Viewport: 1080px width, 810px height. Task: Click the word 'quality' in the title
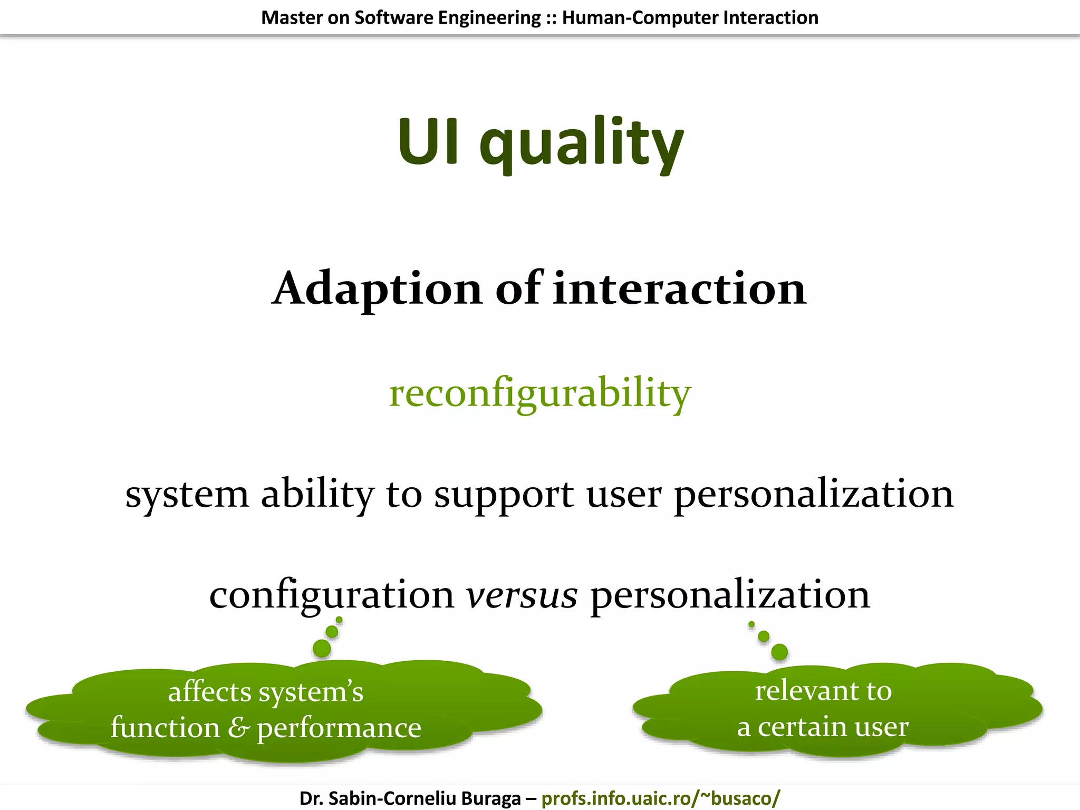pyautogui.click(x=581, y=143)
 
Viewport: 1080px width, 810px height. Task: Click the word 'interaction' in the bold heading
pyautogui.click(x=679, y=289)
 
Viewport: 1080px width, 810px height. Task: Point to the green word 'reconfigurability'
pyautogui.click(x=539, y=393)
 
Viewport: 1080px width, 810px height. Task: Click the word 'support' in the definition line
pyautogui.click(x=504, y=495)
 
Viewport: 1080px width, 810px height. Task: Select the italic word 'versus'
pyautogui.click(x=522, y=595)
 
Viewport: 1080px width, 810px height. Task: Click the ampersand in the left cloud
pyautogui.click(x=238, y=728)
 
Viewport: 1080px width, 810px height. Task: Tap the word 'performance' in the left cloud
pyautogui.click(x=339, y=729)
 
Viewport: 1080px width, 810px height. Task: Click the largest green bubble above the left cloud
pyautogui.click(x=322, y=648)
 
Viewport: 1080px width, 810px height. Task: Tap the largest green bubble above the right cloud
pyautogui.click(x=779, y=652)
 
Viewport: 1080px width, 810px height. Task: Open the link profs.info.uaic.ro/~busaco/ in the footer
pyautogui.click(x=660, y=798)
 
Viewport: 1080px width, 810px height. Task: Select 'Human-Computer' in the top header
pyautogui.click(x=640, y=17)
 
